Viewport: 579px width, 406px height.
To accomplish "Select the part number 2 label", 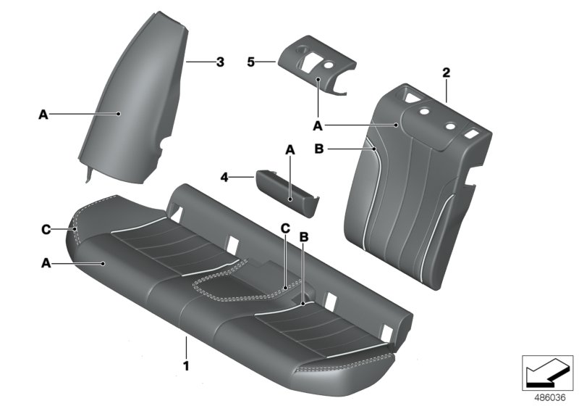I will click(x=446, y=72).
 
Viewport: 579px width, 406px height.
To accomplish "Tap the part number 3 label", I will click(x=220, y=62).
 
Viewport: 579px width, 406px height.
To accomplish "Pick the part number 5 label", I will click(x=252, y=63).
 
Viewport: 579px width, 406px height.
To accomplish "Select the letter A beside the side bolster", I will click(x=43, y=114).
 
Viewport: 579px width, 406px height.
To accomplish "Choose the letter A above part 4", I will click(x=289, y=150).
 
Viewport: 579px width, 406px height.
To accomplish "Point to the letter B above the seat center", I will click(x=304, y=236).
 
